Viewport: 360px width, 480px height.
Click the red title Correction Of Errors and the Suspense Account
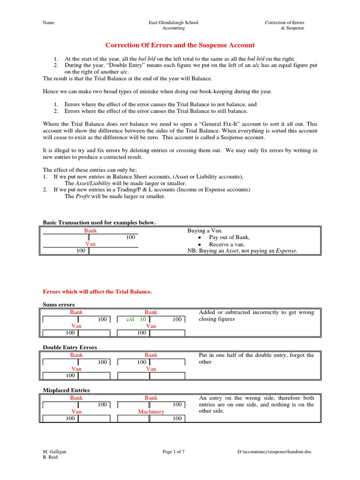point(180,45)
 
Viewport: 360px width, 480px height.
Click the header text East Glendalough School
point(173,22)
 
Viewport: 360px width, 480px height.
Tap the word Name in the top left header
point(48,22)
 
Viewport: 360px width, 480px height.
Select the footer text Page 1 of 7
point(173,451)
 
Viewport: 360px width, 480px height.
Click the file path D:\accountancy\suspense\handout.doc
point(274,451)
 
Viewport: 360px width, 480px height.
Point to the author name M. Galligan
point(54,451)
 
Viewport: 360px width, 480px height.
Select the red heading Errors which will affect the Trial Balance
point(97,292)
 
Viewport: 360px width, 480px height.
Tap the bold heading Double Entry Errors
point(70,347)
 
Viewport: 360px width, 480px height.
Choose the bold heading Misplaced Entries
point(66,390)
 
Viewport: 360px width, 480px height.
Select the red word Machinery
point(151,412)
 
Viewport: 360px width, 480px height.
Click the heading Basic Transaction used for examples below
point(99,222)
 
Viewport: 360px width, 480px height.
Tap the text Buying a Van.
point(205,231)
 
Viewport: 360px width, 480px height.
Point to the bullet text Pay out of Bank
point(229,238)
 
